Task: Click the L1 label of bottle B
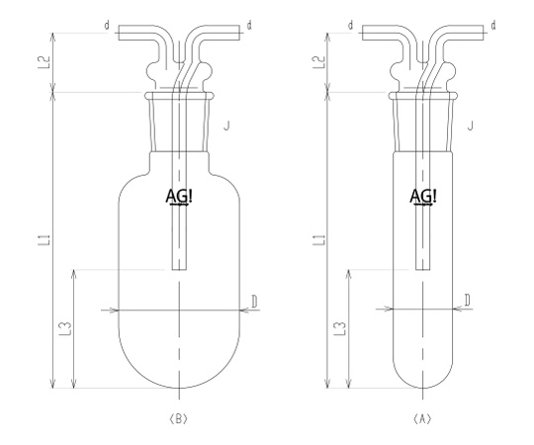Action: click(45, 240)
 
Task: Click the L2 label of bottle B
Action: click(44, 62)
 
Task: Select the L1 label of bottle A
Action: click(320, 239)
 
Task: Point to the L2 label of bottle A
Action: click(319, 62)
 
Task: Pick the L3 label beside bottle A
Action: click(341, 328)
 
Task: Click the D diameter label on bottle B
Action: click(254, 302)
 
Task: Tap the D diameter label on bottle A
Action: click(468, 301)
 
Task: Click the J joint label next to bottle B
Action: click(226, 126)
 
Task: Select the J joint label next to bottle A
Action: click(471, 126)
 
